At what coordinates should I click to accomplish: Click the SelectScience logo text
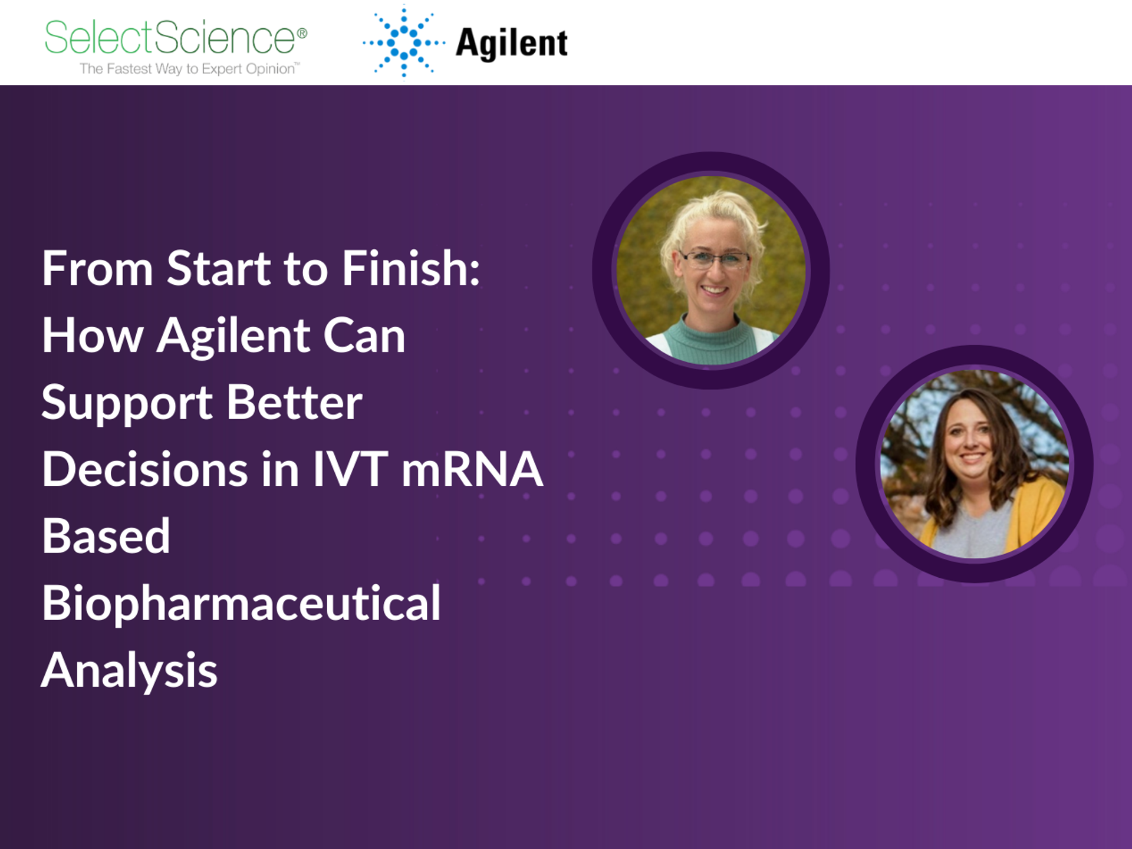[170, 37]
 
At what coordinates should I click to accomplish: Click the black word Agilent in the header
[511, 44]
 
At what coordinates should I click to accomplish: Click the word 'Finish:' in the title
[411, 269]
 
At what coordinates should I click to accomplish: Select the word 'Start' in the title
[218, 269]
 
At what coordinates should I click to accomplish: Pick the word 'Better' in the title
[294, 403]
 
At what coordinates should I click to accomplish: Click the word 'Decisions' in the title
[145, 470]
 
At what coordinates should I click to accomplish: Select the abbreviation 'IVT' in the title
[350, 470]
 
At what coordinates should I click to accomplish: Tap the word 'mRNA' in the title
[472, 470]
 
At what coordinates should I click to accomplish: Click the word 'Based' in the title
[106, 537]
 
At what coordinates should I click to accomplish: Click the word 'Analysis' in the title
[130, 671]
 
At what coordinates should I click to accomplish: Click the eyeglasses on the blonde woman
[714, 258]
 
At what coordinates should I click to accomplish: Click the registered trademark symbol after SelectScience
[302, 33]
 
